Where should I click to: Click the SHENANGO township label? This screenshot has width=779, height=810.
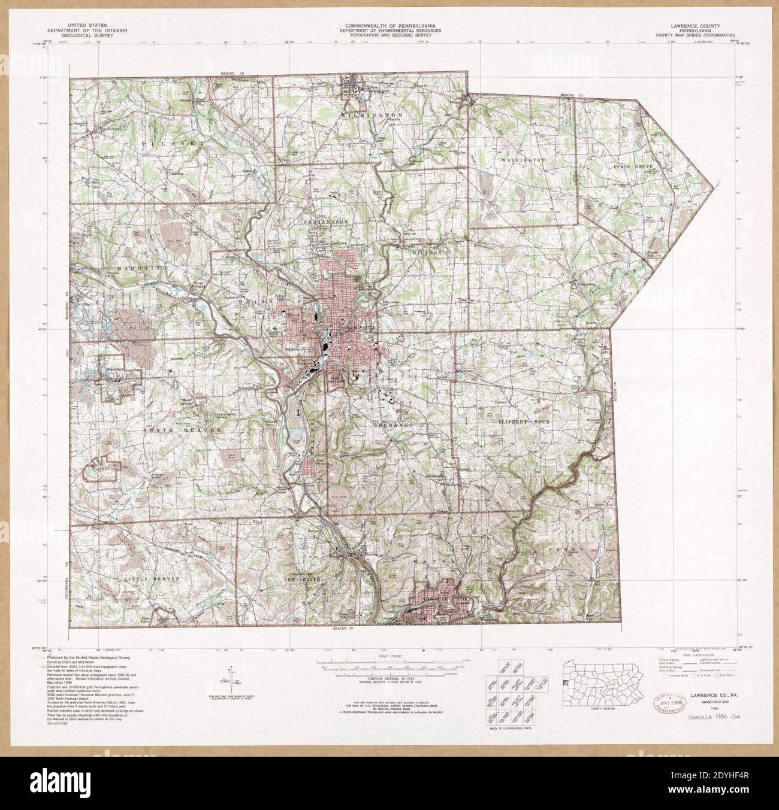point(391,424)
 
